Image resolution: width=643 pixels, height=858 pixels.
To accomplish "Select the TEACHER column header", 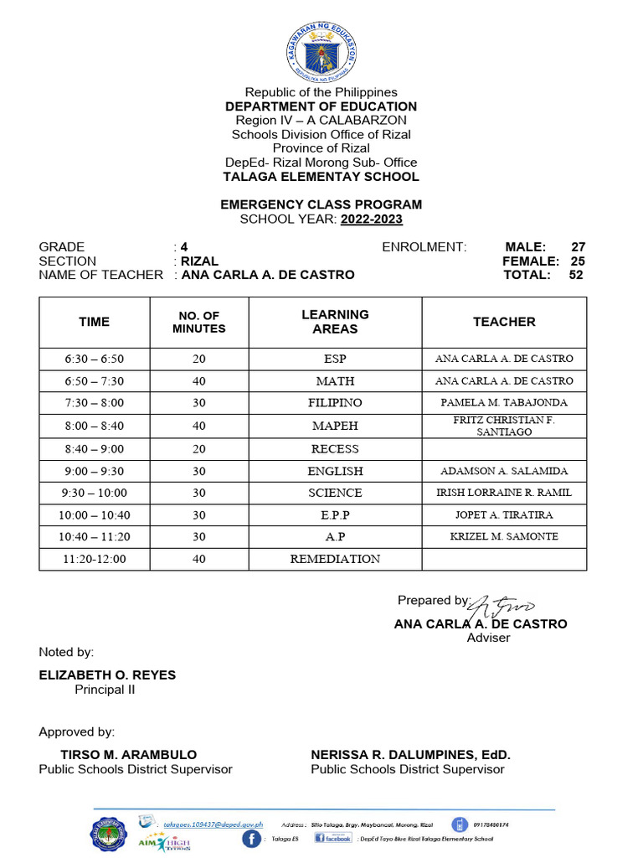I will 504,322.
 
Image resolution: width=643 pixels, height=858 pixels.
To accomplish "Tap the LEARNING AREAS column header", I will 335,322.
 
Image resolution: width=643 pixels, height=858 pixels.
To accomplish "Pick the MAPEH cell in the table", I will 335,426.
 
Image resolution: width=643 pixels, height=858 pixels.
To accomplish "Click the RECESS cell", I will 335,449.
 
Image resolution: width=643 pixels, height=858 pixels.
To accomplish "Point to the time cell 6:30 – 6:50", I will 94,359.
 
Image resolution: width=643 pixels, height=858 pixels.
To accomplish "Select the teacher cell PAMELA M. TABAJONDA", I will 504,403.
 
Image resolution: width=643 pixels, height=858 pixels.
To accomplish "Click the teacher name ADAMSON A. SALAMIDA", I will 504,471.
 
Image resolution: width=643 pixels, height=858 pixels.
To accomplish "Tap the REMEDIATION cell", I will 335,559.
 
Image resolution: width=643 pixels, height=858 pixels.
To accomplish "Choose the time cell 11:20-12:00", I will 94,559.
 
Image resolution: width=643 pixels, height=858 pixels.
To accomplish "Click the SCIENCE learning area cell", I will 335,493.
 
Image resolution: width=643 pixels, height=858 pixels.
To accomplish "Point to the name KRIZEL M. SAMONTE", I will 504,536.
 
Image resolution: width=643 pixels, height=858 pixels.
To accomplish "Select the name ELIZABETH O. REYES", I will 107,675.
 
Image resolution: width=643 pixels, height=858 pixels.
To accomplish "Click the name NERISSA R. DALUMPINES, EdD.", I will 410,755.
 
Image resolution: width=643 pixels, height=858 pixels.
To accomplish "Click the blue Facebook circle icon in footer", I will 252,838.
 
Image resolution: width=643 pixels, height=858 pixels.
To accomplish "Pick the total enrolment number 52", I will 576,275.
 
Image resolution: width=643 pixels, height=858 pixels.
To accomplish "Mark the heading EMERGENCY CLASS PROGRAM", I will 321,204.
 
